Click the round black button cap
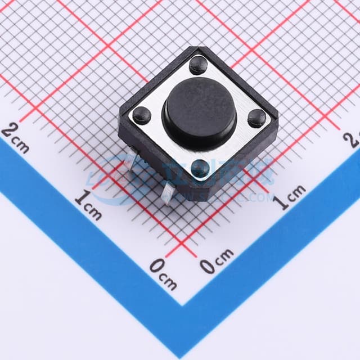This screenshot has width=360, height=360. (199, 112)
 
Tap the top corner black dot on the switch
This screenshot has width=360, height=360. (198, 65)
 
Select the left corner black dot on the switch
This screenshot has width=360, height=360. (142, 115)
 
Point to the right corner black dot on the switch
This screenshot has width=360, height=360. (257, 118)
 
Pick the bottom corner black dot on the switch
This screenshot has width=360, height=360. (200, 167)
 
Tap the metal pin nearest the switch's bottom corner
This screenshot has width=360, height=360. (167, 194)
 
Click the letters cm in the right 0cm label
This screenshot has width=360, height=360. (223, 256)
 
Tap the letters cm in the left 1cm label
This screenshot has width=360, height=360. (93, 211)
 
